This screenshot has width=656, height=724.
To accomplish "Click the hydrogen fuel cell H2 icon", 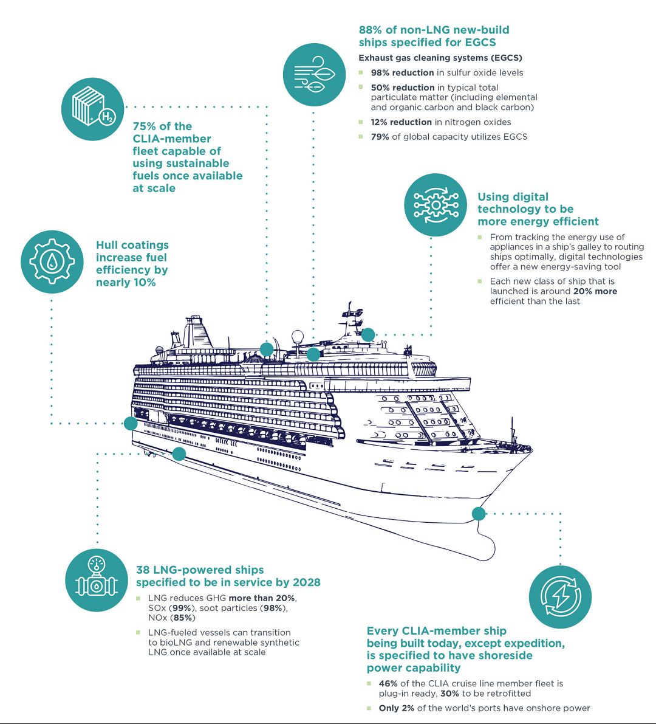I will point(92,108).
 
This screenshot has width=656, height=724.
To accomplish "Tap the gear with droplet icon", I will point(52,261).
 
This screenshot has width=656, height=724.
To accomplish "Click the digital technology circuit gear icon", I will point(435,205).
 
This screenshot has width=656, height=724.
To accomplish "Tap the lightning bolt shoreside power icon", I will point(559,596).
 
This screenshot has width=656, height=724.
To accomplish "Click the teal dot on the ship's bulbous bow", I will point(479,514).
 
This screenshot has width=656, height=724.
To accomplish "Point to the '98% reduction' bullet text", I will point(402,73).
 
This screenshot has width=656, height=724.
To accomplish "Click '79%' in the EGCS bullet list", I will point(380,137).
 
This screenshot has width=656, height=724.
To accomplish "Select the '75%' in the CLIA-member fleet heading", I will point(144,126).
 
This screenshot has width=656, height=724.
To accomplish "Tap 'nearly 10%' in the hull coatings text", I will point(126,283).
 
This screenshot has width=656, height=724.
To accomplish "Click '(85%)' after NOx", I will point(183,618).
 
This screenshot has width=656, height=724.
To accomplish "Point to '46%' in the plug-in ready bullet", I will point(388,684).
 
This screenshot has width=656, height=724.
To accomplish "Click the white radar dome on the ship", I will point(298,338).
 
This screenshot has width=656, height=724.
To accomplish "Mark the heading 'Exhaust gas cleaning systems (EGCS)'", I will point(440,58).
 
